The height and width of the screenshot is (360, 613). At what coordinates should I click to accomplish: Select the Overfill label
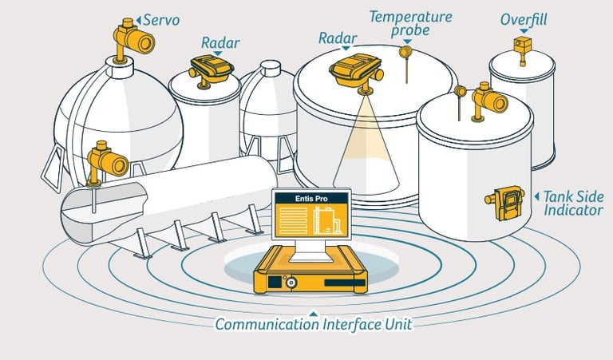(523, 18)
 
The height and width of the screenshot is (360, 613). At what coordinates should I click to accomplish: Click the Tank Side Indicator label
(573, 203)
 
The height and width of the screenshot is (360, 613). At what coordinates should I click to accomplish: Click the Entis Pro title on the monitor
(310, 197)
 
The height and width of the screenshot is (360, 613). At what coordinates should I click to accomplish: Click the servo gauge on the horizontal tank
(108, 160)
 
